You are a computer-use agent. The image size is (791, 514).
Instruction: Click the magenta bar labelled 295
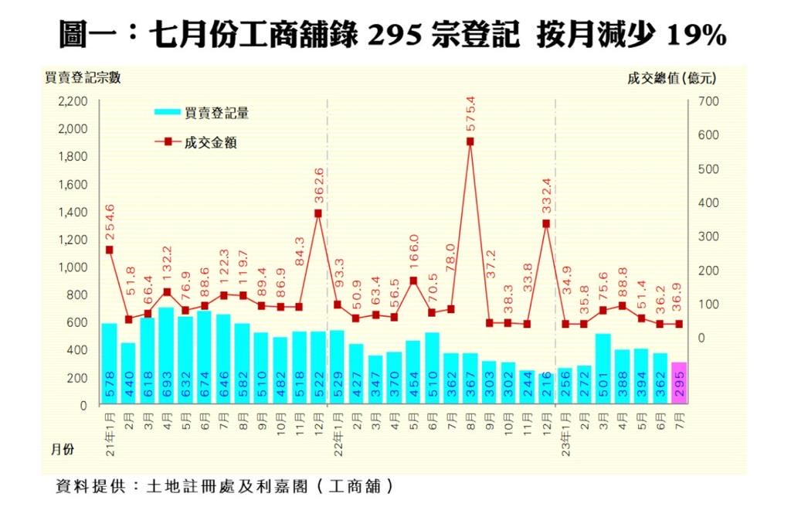[679, 383]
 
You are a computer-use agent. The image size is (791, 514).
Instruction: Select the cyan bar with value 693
[166, 356]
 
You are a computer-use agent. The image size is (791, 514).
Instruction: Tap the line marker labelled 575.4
[470, 141]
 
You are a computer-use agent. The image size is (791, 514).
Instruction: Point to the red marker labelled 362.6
[318, 213]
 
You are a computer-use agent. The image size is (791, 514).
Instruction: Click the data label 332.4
[546, 197]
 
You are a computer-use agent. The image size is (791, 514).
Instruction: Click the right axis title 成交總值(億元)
[671, 77]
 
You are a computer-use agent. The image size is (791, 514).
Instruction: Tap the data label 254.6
[110, 222]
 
